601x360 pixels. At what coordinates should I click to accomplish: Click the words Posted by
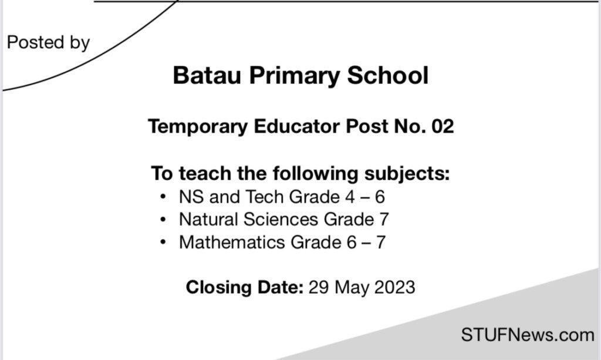click(x=48, y=43)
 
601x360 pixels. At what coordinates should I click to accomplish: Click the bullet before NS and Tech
click(x=163, y=197)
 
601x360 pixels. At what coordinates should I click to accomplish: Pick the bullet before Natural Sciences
click(x=163, y=220)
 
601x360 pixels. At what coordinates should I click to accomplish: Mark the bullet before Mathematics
click(x=163, y=242)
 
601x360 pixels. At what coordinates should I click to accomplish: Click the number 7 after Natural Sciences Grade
click(x=383, y=220)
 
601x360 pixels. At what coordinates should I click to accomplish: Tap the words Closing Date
click(x=244, y=288)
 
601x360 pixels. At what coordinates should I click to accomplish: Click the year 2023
click(x=394, y=288)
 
